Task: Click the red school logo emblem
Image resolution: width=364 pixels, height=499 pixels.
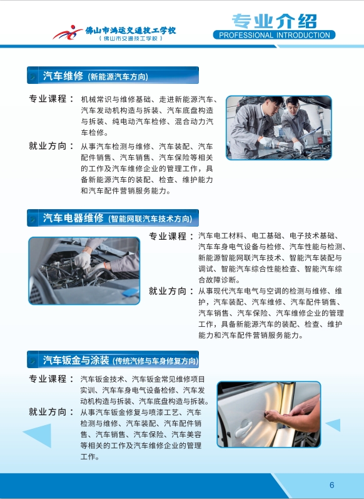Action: click(x=68, y=32)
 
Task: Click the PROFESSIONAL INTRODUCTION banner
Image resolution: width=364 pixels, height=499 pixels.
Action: click(x=274, y=34)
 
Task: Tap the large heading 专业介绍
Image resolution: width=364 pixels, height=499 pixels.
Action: click(x=275, y=21)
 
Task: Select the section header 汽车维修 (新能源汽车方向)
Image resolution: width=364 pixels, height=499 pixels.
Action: click(x=113, y=75)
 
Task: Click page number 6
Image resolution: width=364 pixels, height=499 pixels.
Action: click(x=332, y=485)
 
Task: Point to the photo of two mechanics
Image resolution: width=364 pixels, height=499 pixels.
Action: click(x=279, y=128)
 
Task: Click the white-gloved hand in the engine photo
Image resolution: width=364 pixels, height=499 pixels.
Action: click(x=82, y=260)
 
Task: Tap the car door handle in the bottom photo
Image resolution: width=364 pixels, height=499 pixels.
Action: click(x=243, y=428)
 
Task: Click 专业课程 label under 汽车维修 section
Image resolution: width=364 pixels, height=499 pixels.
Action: click(x=48, y=99)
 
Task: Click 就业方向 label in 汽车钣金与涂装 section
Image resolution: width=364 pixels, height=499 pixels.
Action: click(x=48, y=412)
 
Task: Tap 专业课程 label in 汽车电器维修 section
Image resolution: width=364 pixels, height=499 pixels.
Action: click(x=168, y=236)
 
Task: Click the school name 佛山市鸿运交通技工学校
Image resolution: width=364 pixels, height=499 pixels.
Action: click(x=130, y=30)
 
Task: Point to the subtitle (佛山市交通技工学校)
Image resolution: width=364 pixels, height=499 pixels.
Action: click(x=131, y=39)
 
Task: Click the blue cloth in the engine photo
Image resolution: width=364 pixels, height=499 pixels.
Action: click(x=131, y=292)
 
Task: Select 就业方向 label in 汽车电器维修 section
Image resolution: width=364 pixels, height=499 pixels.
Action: click(x=168, y=291)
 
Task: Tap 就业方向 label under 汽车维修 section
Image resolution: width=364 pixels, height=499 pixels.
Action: click(x=48, y=146)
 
